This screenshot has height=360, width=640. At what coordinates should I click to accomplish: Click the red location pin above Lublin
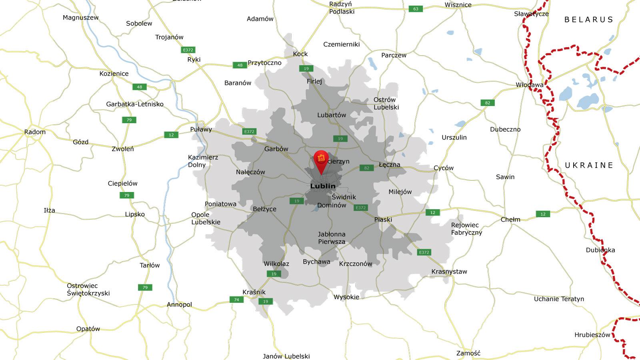click(x=321, y=160)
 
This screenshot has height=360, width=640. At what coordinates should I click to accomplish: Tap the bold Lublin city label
click(x=323, y=186)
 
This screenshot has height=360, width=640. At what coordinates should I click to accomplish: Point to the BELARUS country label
click(x=588, y=20)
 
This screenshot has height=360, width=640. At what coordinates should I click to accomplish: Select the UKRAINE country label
click(x=589, y=165)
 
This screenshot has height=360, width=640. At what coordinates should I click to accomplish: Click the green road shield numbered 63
click(x=416, y=9)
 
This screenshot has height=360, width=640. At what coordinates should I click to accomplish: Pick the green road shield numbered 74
click(x=236, y=300)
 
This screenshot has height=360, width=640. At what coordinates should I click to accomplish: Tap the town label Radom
click(x=35, y=132)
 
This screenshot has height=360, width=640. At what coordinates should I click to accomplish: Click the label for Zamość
click(x=468, y=353)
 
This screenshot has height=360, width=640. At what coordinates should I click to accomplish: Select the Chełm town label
click(x=510, y=220)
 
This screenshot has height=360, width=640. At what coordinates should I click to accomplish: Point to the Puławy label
click(x=201, y=130)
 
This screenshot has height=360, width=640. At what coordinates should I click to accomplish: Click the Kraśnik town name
click(x=254, y=292)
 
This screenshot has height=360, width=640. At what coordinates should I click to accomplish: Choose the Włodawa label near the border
click(x=530, y=85)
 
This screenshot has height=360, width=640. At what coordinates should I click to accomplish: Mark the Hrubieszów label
click(x=592, y=335)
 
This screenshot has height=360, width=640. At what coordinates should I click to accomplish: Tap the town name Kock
click(x=300, y=54)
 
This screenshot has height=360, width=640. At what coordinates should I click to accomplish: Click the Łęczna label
click(x=389, y=165)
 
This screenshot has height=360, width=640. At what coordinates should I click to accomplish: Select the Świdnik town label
click(x=344, y=197)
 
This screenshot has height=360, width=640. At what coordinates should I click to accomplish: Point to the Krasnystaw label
click(x=449, y=272)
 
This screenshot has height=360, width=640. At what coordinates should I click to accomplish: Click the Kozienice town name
click(x=114, y=74)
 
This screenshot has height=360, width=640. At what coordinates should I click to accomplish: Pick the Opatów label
click(x=88, y=329)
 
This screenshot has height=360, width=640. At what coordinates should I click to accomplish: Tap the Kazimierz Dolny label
click(x=203, y=161)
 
